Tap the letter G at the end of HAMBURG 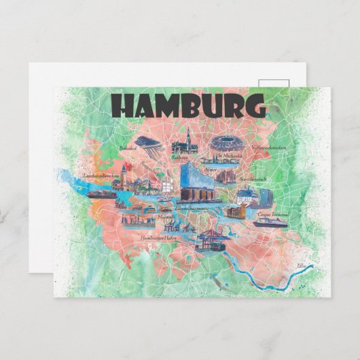tap(254, 107)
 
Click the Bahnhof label tap(128, 147)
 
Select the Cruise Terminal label tap(273, 213)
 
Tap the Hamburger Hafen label tap(157, 238)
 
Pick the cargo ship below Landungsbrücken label tap(101, 193)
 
